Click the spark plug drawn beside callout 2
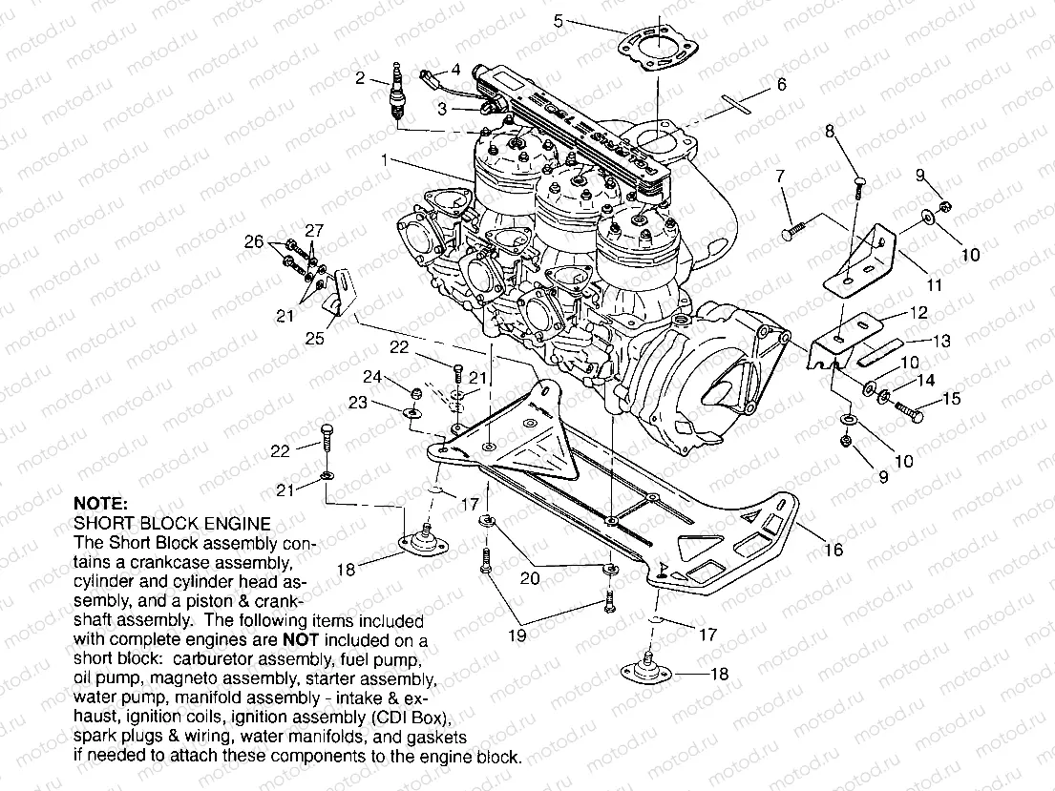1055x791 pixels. (x=396, y=93)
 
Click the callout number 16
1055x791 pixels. (x=833, y=550)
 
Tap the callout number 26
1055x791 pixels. (x=253, y=242)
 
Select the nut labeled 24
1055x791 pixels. (x=415, y=392)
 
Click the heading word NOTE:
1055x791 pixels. (x=99, y=504)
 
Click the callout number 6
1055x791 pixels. (x=781, y=85)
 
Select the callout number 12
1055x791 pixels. (x=918, y=313)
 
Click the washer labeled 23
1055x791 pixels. (x=410, y=413)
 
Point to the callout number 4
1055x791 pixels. (x=456, y=70)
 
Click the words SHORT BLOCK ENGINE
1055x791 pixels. (x=172, y=523)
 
